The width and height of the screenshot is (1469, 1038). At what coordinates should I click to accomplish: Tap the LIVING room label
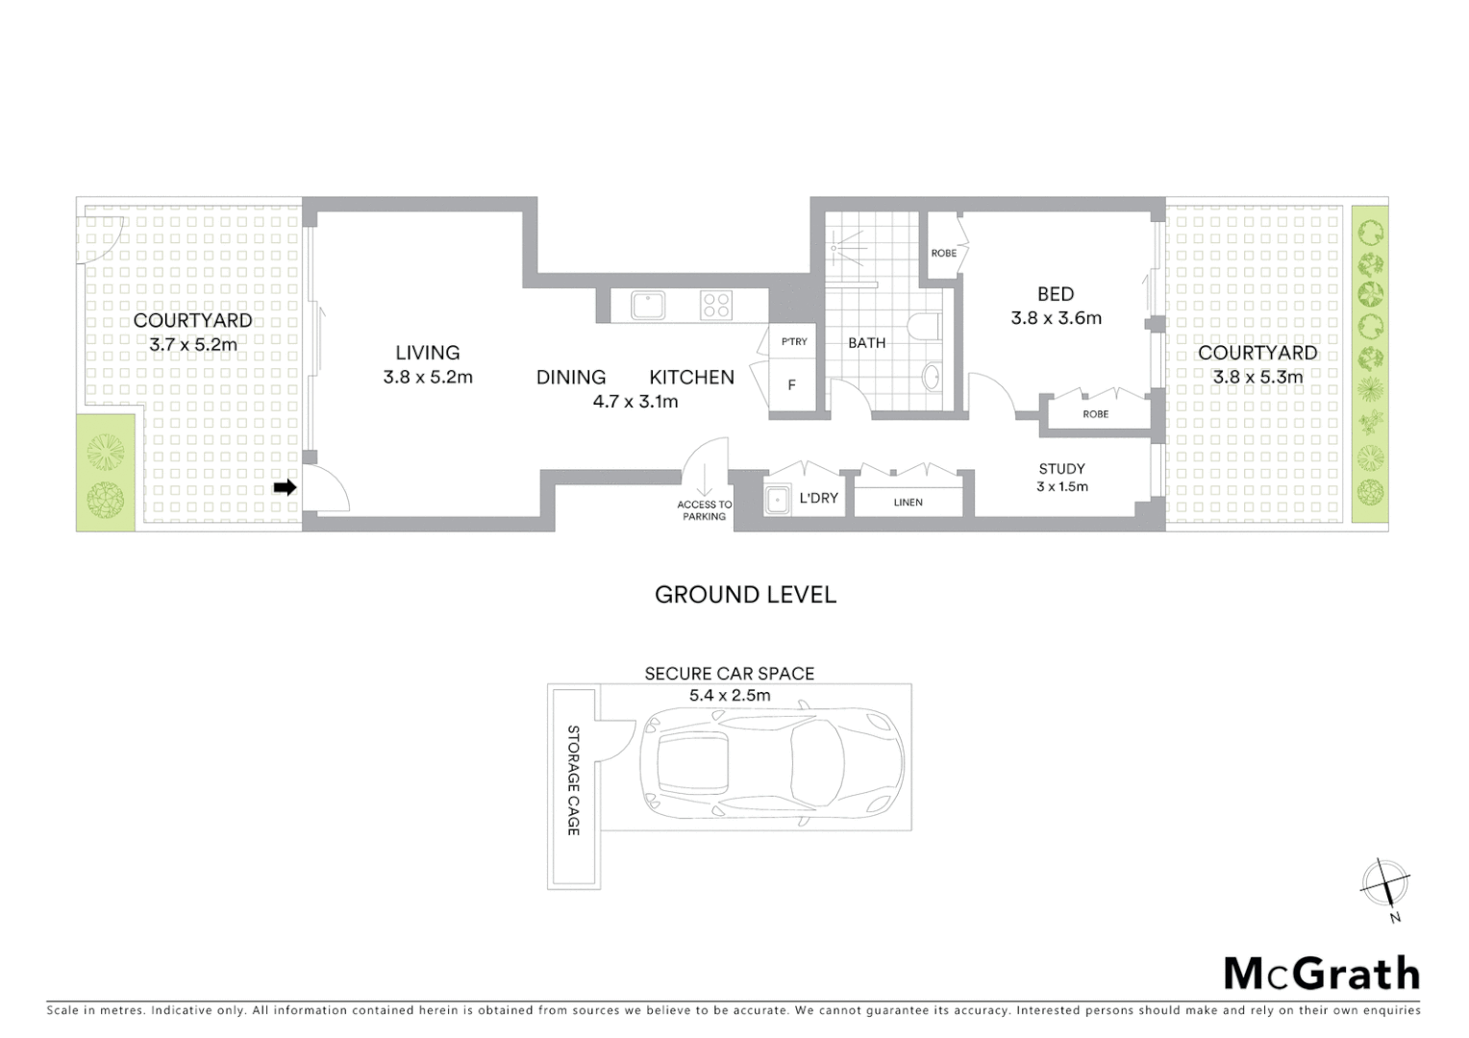click(x=428, y=353)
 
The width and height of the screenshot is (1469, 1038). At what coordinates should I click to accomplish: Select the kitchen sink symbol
click(x=648, y=306)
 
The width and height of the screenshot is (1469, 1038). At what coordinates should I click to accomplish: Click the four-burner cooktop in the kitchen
click(x=715, y=306)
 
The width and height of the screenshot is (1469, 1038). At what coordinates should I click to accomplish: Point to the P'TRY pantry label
click(x=794, y=342)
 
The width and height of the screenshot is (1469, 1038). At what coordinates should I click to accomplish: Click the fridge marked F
click(x=792, y=385)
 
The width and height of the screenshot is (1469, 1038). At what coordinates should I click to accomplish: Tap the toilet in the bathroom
click(x=924, y=327)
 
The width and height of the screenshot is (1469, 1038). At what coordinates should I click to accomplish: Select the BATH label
click(x=866, y=343)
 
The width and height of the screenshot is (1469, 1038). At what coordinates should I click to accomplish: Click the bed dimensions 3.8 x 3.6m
click(x=1056, y=318)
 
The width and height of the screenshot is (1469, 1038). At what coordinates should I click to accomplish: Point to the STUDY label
click(x=1061, y=469)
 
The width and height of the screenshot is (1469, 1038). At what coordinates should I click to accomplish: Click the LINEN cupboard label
click(x=908, y=503)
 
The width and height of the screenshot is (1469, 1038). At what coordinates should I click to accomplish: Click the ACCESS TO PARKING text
click(x=705, y=510)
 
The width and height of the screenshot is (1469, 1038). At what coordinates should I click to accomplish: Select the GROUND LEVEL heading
click(x=745, y=595)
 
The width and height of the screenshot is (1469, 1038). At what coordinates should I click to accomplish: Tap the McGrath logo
click(x=1321, y=974)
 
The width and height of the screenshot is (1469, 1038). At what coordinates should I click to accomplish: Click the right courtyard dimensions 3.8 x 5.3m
click(x=1257, y=378)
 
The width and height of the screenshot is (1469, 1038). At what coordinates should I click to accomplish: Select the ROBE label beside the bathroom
click(x=943, y=254)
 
